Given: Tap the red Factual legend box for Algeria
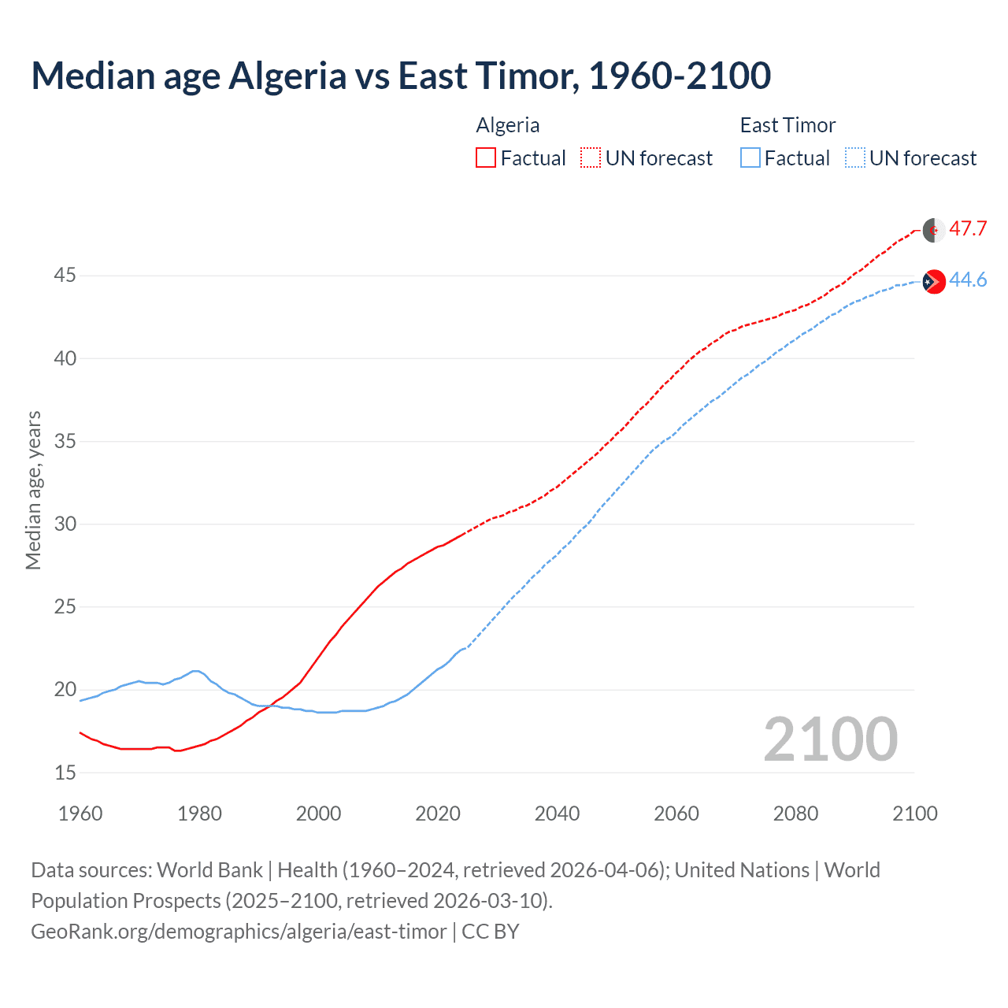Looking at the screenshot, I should (486, 158).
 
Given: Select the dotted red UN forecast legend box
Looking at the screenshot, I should (591, 158).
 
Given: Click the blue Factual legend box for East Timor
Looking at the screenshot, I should (750, 158).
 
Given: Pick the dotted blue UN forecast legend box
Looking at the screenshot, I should (854, 158).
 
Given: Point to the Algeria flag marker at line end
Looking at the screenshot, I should (934, 230).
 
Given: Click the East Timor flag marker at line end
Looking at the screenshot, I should (934, 281).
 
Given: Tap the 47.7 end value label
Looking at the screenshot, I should (968, 229).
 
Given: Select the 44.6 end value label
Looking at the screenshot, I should (968, 280).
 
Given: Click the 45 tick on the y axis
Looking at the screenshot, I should (65, 276).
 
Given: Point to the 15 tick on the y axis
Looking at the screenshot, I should (65, 773).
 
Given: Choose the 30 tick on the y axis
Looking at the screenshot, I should (65, 524).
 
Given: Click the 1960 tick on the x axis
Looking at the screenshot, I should (80, 813).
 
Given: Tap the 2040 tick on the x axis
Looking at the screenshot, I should (557, 813).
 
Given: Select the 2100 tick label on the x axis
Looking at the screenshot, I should (915, 813).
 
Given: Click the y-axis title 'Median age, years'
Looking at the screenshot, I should (33, 490).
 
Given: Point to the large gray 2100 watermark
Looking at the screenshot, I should (830, 739).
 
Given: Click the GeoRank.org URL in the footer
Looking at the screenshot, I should (239, 932).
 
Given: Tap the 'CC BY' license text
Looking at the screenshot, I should (490, 932).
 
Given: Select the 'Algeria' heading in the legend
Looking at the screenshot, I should (508, 125).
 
